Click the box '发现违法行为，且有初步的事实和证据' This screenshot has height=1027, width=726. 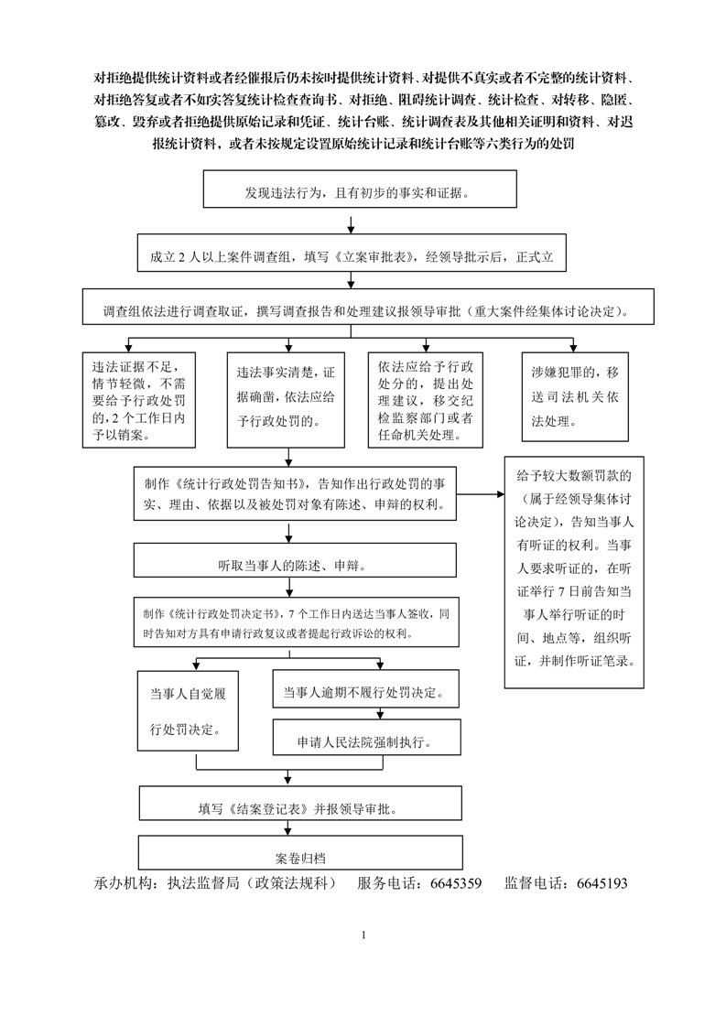click(360, 189)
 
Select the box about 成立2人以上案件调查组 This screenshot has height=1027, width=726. click(352, 253)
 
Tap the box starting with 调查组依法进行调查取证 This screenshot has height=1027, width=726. click(368, 307)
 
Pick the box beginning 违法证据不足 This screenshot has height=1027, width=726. click(139, 399)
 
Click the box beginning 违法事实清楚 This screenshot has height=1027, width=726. click(286, 399)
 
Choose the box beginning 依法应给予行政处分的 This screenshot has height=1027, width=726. click(426, 399)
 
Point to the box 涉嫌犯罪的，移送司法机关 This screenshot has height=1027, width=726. click(575, 396)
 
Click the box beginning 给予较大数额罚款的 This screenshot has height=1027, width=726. click(574, 572)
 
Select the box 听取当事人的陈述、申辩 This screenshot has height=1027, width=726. click(295, 560)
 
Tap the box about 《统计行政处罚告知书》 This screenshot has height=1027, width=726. click(295, 494)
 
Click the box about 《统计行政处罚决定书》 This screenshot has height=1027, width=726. click(296, 622)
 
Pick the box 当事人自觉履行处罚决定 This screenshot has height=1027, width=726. click(188, 710)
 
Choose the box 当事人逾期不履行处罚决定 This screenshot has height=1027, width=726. click(365, 688)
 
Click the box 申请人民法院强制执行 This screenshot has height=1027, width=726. click(367, 738)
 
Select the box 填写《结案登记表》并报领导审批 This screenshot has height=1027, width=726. click(301, 803)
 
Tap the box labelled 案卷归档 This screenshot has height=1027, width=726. click(301, 853)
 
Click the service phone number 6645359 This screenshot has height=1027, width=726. click(456, 883)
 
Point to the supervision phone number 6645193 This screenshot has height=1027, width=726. click(602, 883)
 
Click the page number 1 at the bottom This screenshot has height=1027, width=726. click(363, 935)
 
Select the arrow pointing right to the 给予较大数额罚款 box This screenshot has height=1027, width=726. click(481, 494)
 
